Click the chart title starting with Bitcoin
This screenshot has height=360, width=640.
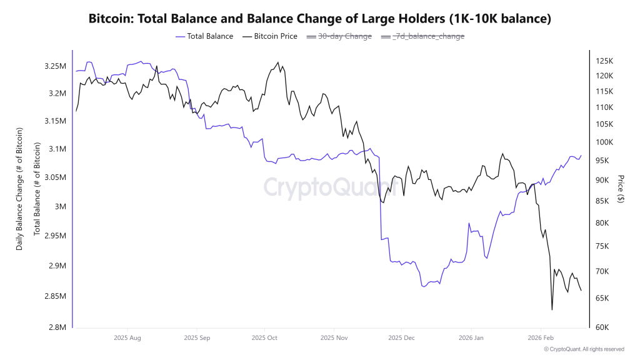click(x=320, y=19)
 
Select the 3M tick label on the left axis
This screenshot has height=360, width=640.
click(x=61, y=207)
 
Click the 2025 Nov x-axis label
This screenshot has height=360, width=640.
click(x=333, y=338)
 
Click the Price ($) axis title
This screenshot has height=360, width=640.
click(x=620, y=189)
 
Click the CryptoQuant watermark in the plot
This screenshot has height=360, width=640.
click(x=329, y=187)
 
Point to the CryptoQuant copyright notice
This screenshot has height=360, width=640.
click(x=584, y=349)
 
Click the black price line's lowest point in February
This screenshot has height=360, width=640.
click(x=552, y=309)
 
